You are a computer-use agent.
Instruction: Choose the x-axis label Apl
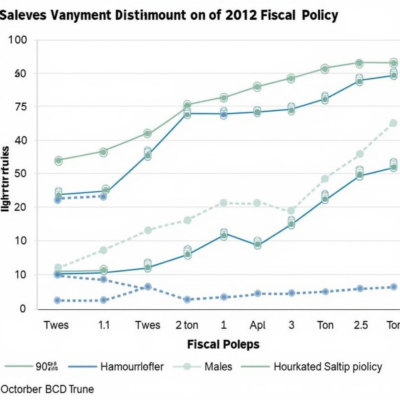pos(258,325)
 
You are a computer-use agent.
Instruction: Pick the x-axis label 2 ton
pos(187,325)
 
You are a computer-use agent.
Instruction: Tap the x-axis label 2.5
pos(360,325)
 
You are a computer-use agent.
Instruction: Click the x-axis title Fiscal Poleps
pos(223,345)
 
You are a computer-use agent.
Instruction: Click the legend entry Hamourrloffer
pos(132,366)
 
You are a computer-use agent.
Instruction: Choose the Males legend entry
pos(218,366)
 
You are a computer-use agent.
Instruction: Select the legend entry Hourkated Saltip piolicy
pos(328,366)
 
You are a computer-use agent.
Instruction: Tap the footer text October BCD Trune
pos(47,389)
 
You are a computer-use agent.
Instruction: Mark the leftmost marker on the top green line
pos(59,160)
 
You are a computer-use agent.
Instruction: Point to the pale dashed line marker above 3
pos(291,211)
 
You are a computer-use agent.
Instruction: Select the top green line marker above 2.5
pos(359,63)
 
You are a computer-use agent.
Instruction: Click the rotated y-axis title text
pos(5,179)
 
